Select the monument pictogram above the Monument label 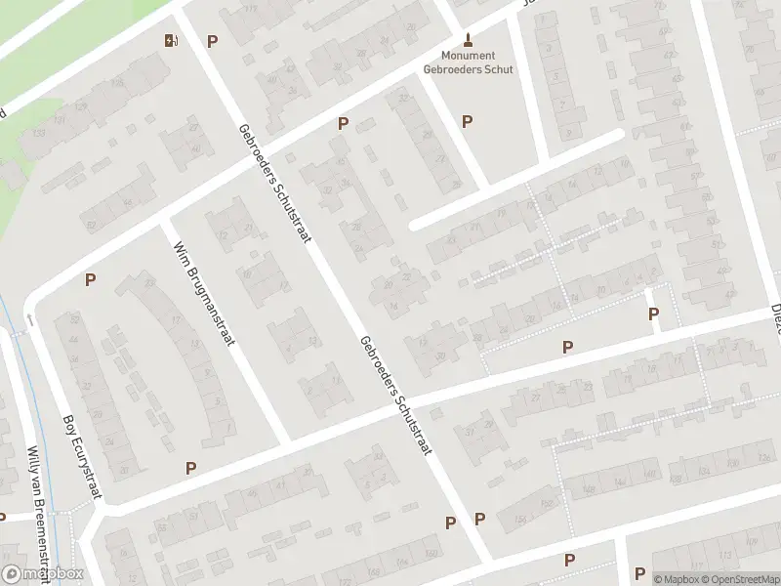tap(469, 40)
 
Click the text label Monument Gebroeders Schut tap(468, 63)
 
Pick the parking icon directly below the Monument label tap(467, 121)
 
